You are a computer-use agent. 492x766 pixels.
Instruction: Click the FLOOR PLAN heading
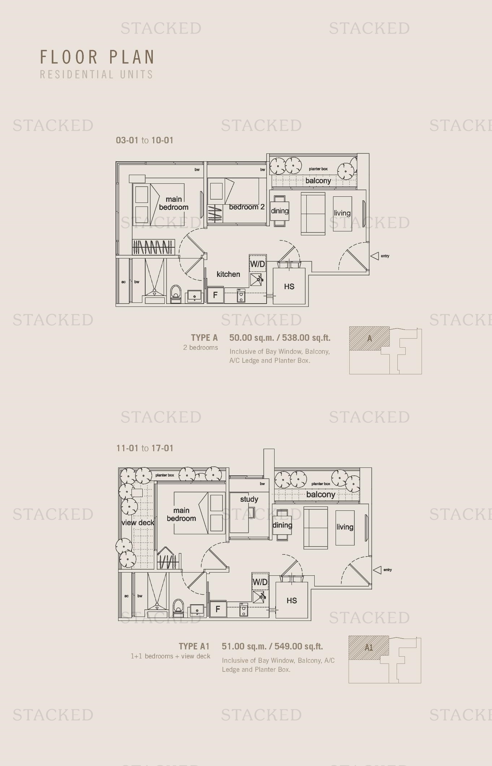point(97,57)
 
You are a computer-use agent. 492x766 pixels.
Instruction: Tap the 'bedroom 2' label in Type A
point(247,207)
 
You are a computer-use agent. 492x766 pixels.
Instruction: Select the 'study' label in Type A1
point(249,499)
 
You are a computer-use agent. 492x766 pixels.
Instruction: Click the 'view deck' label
point(138,523)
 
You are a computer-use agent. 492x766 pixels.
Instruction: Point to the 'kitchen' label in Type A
point(228,274)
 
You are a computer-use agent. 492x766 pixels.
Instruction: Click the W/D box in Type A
point(258,264)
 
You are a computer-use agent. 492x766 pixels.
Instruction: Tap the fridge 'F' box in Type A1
point(218,609)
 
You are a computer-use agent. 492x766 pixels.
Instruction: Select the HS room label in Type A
point(289,287)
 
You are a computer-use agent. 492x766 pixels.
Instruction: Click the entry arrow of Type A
point(375,256)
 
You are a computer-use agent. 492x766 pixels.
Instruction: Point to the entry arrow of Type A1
point(377,570)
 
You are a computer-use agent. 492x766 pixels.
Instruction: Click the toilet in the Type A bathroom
point(176,292)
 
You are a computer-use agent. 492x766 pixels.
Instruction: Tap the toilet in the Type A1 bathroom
point(178,606)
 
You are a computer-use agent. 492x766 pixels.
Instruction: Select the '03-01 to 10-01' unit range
point(144,140)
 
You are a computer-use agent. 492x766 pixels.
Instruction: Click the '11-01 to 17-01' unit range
point(145,448)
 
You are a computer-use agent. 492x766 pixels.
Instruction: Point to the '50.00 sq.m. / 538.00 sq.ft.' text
point(280,338)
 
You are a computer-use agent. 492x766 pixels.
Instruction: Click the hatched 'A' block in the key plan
point(369,339)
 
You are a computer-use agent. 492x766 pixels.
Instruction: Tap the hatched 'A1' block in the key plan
point(368,647)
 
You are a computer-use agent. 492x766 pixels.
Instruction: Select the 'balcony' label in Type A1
point(321,495)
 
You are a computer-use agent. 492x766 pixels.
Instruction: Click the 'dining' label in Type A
point(280,211)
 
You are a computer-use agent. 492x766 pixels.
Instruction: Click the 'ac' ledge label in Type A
point(124,282)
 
